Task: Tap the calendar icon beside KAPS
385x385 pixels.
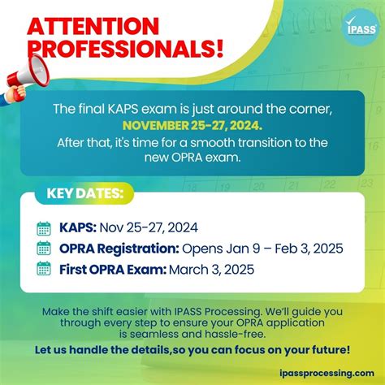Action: point(44,227)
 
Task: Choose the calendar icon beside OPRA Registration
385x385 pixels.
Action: point(44,248)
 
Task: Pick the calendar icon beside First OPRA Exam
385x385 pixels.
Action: point(44,268)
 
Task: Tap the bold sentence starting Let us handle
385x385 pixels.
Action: point(192,350)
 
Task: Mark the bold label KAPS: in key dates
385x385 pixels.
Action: point(76,227)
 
